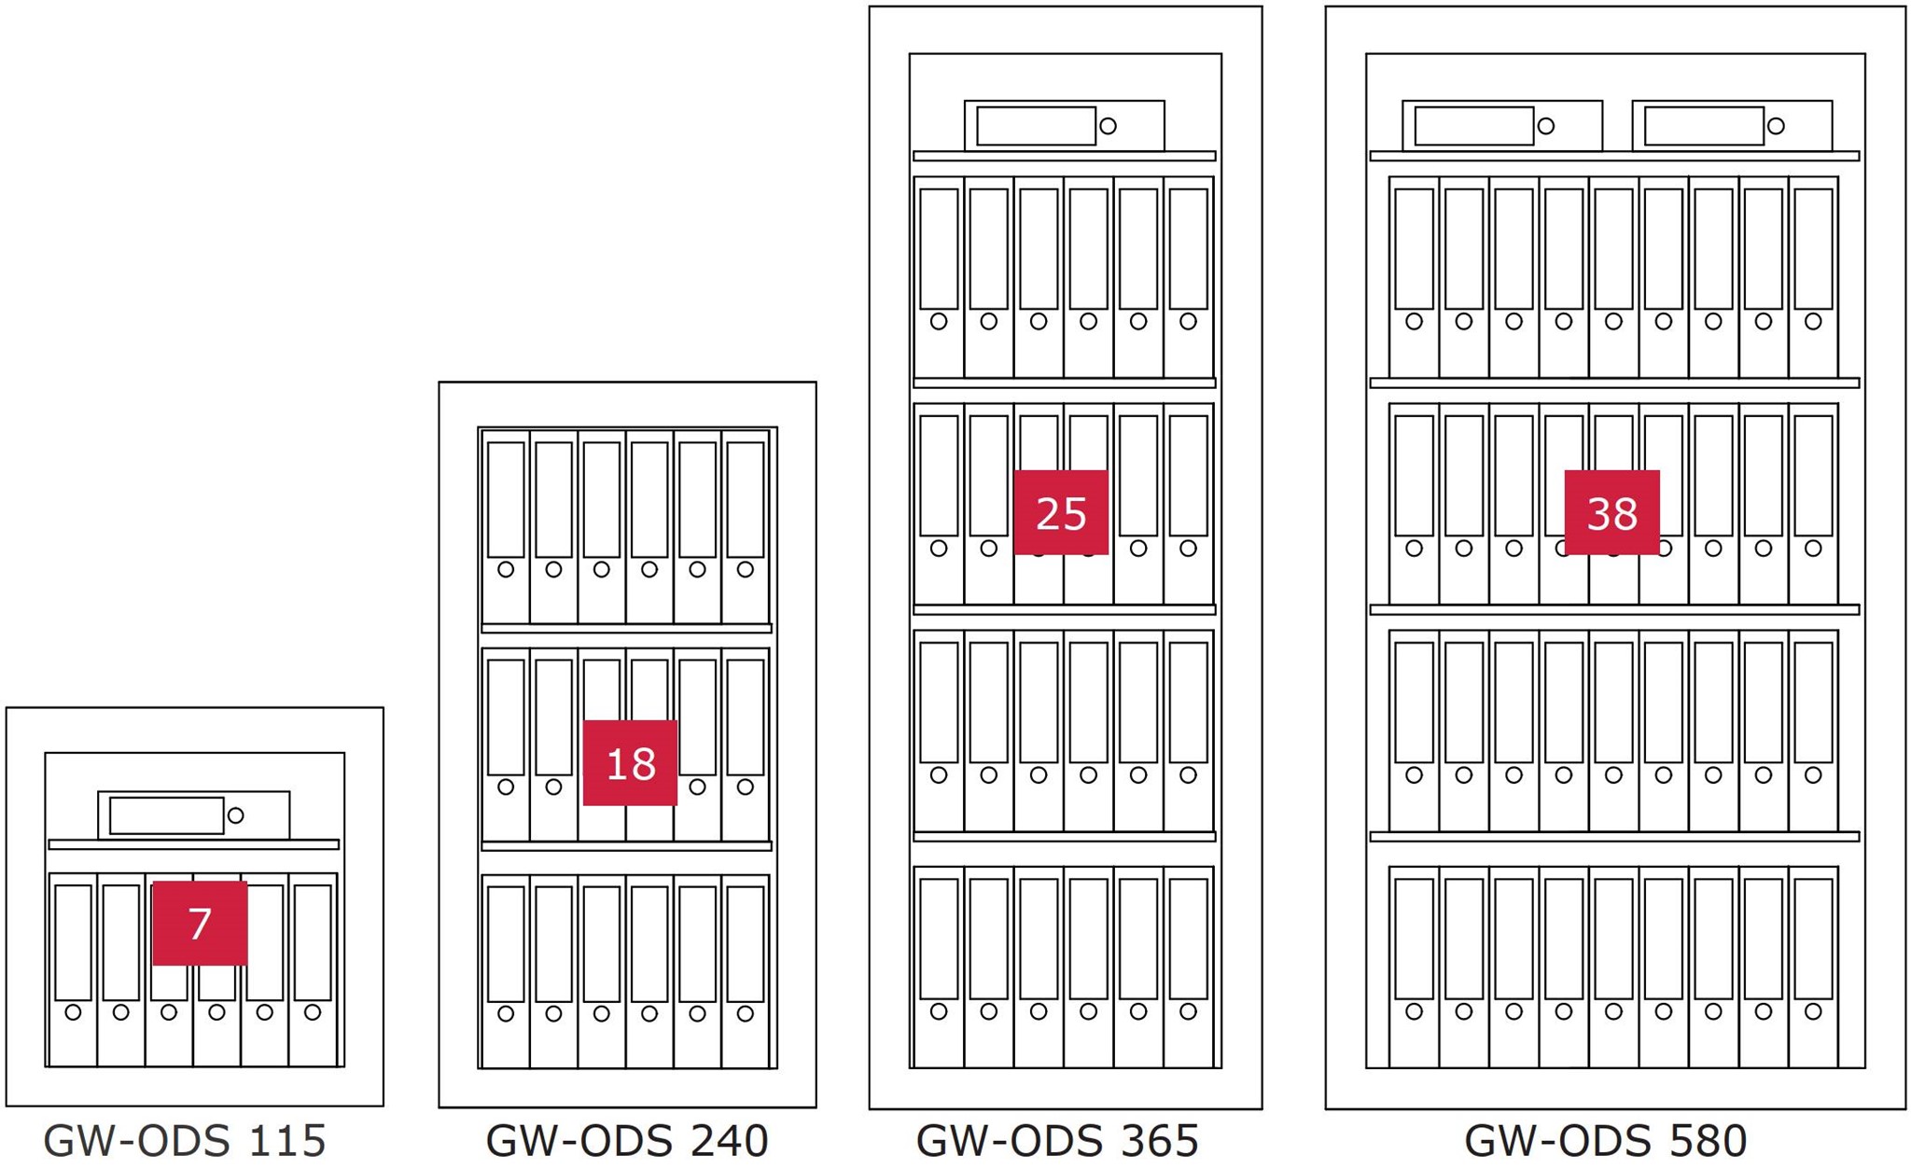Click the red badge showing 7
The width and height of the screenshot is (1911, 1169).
point(200,923)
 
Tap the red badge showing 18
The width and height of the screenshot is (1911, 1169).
point(630,762)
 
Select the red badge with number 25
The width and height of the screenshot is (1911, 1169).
point(1061,512)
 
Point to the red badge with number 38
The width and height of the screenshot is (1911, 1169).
point(1611,512)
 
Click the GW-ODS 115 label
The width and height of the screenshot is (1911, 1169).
point(185,1140)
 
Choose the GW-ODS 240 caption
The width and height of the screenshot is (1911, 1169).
point(627,1140)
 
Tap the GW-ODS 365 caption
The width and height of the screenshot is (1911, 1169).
point(1057,1140)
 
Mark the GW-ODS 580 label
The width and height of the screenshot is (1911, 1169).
point(1606,1140)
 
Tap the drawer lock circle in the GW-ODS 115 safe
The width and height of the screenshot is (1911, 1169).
point(236,815)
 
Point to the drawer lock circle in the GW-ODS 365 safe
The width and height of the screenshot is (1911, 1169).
point(1109,126)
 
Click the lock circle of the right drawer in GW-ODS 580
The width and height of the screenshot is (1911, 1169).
point(1776,126)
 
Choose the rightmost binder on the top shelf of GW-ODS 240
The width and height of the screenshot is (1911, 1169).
point(745,527)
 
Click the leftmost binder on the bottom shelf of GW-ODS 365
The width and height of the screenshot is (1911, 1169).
point(939,967)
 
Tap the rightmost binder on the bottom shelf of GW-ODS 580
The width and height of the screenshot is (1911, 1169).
point(1813,967)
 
